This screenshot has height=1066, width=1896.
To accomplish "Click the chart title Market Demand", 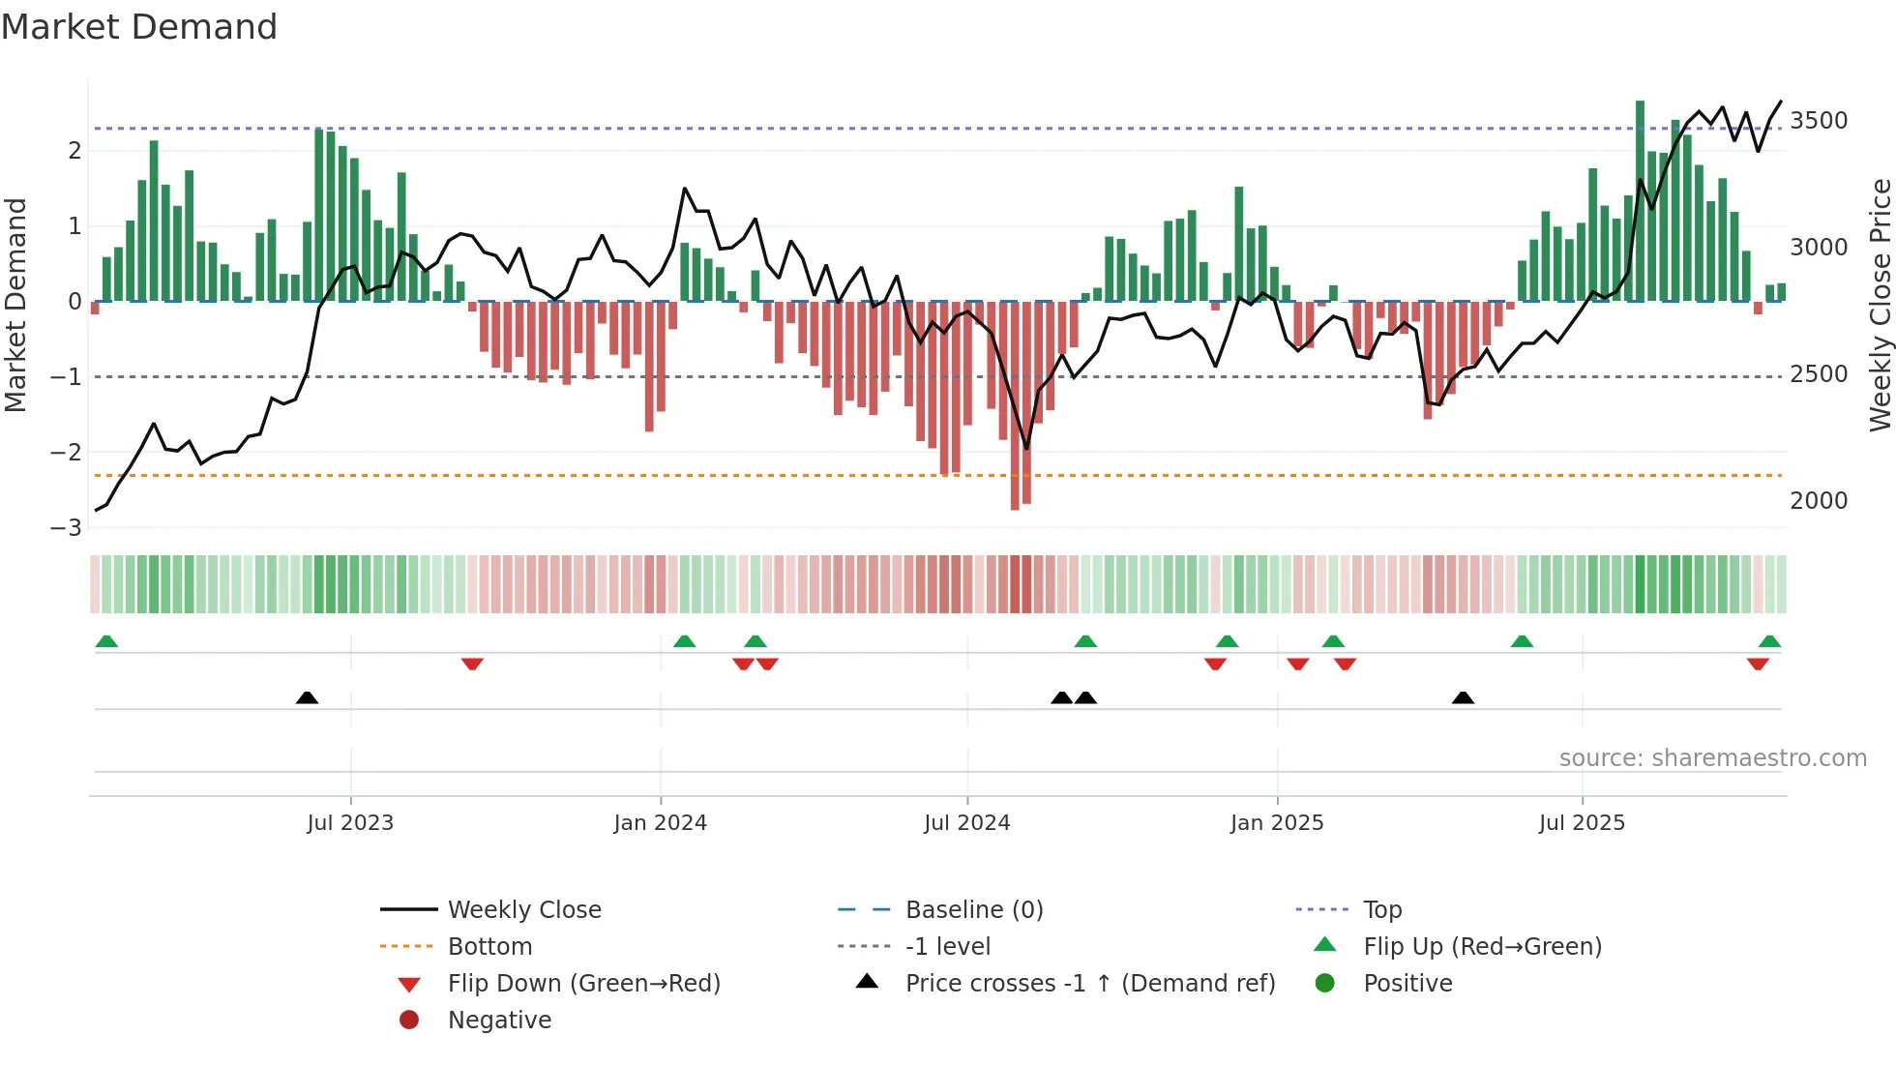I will [x=139, y=27].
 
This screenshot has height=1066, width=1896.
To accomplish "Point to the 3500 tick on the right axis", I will [x=1819, y=121].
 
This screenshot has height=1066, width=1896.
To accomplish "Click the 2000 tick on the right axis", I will [x=1819, y=501].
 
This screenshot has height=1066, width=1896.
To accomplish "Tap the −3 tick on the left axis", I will [x=66, y=528].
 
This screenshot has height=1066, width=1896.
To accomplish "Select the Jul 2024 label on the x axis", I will [x=966, y=823].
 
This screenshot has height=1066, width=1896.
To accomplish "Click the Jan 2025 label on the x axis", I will [x=1277, y=823].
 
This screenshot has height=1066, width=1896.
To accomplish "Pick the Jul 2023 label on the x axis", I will [x=350, y=823].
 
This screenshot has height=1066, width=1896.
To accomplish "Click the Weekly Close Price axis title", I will [x=1880, y=305].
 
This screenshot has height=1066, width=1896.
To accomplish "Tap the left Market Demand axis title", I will [x=15, y=305].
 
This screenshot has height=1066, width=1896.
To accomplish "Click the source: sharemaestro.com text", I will [x=1712, y=758].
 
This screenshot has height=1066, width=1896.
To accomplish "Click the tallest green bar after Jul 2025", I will [x=1640, y=193].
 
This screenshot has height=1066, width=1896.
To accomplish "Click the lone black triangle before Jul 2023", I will [x=307, y=697].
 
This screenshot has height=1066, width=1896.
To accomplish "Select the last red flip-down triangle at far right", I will [x=1758, y=664].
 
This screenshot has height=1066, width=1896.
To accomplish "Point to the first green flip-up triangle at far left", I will [x=106, y=641].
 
